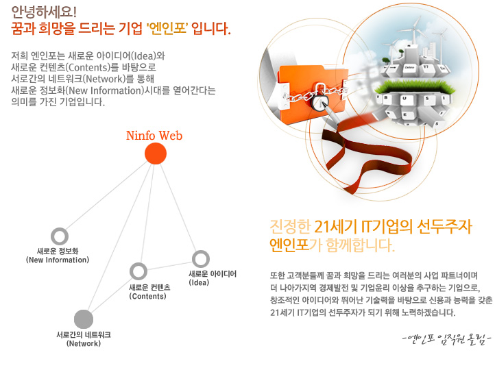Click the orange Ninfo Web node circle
pyautogui.click(x=156, y=153)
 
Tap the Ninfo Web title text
pyautogui.click(x=154, y=136)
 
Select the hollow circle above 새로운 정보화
pyautogui.click(x=60, y=236)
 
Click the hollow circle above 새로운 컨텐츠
pyautogui.click(x=138, y=271)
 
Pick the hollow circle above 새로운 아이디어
pyautogui.click(x=201, y=259)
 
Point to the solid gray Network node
pyautogui.click(x=84, y=319)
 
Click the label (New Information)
pyautogui.click(x=58, y=260)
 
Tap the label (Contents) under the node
pyautogui.click(x=147, y=296)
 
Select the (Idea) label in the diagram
pyautogui.click(x=199, y=282)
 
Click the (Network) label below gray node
pyautogui.click(x=84, y=343)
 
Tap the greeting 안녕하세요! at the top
pyautogui.click(x=44, y=12)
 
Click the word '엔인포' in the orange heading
pyautogui.click(x=167, y=29)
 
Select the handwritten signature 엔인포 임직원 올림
pyautogui.click(x=447, y=339)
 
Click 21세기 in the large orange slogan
pyautogui.click(x=337, y=227)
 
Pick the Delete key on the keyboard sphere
pyautogui.click(x=409, y=67)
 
